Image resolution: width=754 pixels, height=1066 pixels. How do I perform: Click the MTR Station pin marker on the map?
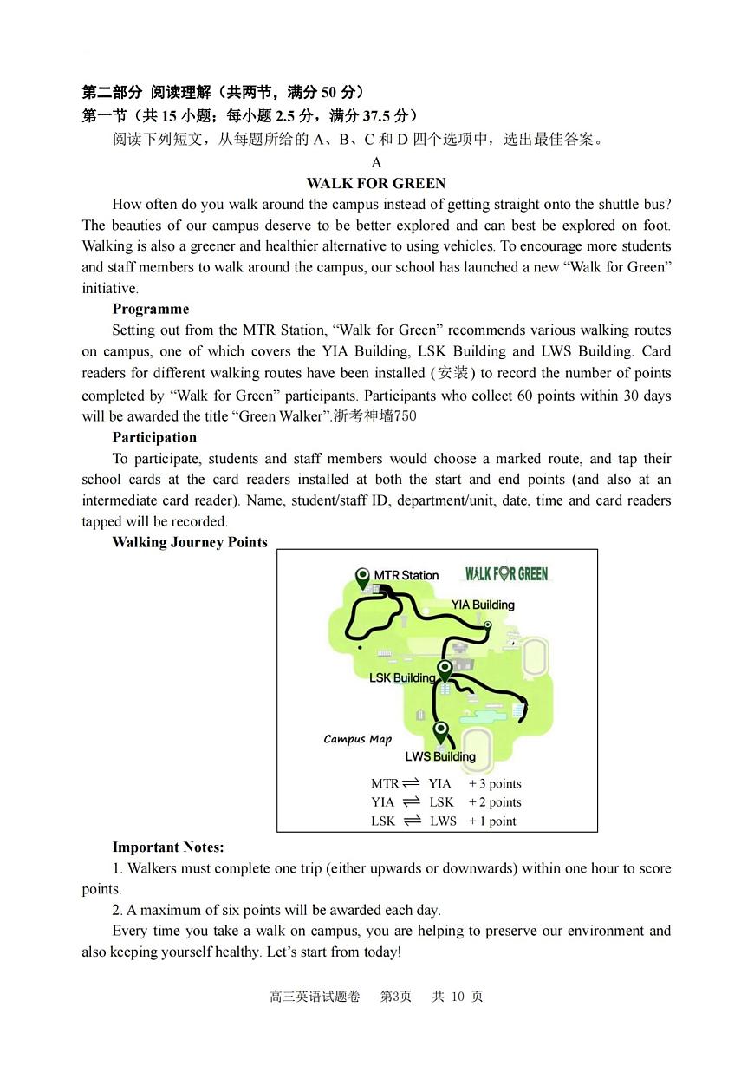pos(363,578)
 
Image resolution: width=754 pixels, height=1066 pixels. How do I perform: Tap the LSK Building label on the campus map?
pos(401,677)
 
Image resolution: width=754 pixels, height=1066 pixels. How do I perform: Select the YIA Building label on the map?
pos(482,605)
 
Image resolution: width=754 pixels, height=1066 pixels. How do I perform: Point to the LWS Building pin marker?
pos(441,731)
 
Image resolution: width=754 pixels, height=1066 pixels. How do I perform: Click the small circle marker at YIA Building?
pos(487,625)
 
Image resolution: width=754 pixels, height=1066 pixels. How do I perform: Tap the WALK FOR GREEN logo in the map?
pos(506,573)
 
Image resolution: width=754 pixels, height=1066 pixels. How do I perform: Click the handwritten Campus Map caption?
pos(357,739)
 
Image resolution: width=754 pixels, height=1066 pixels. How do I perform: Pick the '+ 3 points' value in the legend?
pos(495,783)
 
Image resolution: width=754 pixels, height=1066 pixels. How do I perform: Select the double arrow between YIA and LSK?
pos(412,802)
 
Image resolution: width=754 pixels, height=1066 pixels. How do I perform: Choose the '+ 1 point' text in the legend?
pos(492,821)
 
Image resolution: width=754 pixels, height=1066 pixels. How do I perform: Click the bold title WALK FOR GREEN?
pos(376,183)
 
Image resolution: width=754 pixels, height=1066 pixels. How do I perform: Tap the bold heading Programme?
pos(150,309)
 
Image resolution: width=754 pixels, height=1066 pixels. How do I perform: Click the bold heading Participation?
pos(154,437)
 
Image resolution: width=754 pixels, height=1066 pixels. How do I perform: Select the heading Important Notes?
pos(167,847)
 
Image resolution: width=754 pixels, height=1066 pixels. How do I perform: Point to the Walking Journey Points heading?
pos(190,542)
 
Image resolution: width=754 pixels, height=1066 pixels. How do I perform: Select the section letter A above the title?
pos(376,162)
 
